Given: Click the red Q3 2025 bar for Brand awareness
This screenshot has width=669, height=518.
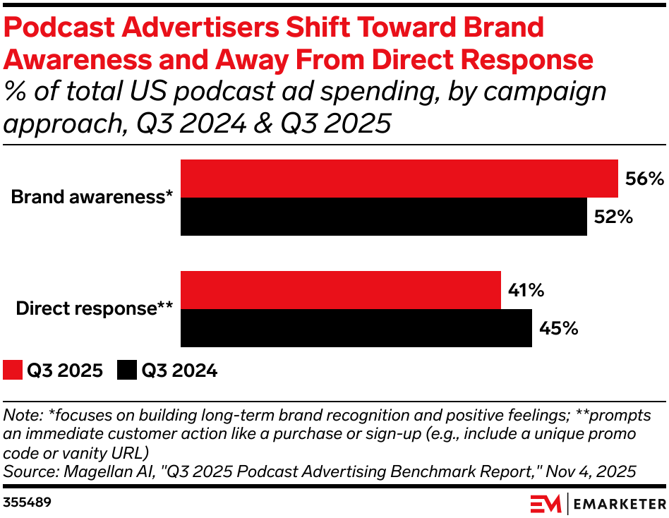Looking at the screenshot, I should tap(399, 179).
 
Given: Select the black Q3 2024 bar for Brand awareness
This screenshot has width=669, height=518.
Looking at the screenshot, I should tap(384, 217).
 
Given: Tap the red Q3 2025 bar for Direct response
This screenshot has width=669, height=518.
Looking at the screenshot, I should tap(341, 290).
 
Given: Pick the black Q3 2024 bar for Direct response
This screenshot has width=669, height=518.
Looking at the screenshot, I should tap(356, 328).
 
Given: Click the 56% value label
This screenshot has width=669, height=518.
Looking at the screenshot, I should tap(644, 179).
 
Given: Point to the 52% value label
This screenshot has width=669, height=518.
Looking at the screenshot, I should tap(613, 217).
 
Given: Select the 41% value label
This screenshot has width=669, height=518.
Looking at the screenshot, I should tap(526, 290).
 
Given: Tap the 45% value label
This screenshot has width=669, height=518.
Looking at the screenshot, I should tap(558, 328).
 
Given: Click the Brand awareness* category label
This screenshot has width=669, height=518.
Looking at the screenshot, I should tap(92, 198).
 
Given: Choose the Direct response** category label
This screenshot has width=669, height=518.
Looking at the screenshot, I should tap(95, 308).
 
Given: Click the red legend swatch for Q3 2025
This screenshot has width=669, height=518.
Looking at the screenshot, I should tap(12, 370).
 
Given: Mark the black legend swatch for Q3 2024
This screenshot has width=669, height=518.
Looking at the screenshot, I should tap(127, 370).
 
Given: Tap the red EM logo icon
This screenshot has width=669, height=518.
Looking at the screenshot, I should tap(546, 504).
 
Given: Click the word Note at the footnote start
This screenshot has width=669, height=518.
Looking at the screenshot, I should tap(20, 415).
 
